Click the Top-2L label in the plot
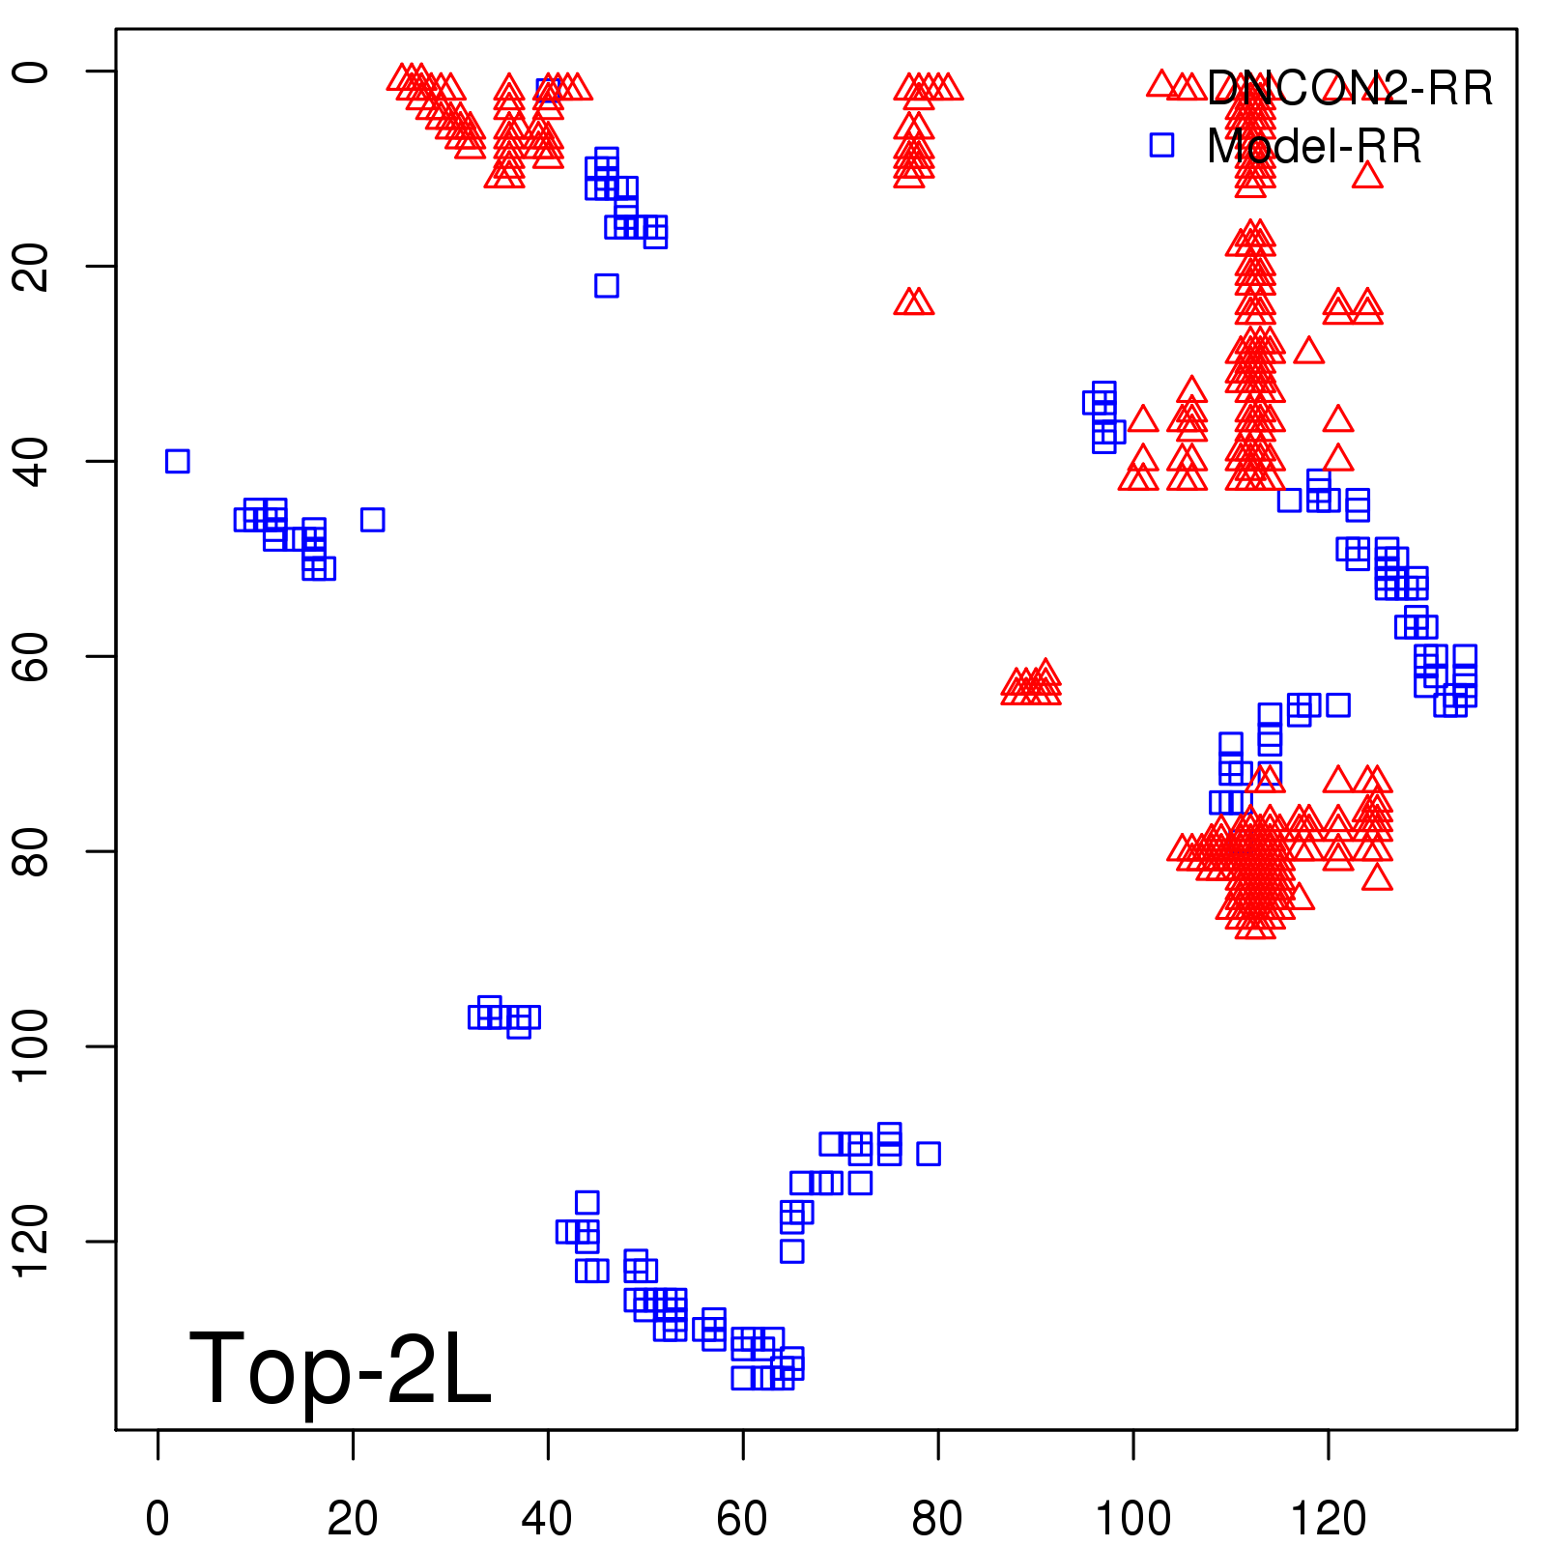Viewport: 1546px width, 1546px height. pyautogui.click(x=340, y=1368)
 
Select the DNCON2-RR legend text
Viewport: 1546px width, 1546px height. pyautogui.click(x=1349, y=89)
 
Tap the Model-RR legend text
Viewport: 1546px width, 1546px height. pyautogui.click(x=1314, y=147)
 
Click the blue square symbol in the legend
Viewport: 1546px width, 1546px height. pyautogui.click(x=1161, y=145)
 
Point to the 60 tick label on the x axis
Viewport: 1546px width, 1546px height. pyautogui.click(x=742, y=1519)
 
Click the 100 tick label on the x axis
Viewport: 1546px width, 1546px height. pyautogui.click(x=1132, y=1519)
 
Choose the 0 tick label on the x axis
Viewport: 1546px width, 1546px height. pyautogui.click(x=157, y=1519)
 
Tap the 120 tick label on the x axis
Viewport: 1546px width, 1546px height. pyautogui.click(x=1329, y=1519)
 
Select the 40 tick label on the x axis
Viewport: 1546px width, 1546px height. pyautogui.click(x=547, y=1519)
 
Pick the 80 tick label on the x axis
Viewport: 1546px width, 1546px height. pyautogui.click(x=937, y=1519)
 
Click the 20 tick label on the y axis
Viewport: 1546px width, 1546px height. pyautogui.click(x=33, y=266)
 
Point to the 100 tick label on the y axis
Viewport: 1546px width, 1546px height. pyautogui.click(x=33, y=1045)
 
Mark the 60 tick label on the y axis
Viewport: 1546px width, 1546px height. pyautogui.click(x=33, y=656)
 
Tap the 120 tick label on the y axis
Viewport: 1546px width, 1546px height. pyautogui.click(x=33, y=1241)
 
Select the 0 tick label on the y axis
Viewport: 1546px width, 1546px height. pyautogui.click(x=33, y=72)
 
